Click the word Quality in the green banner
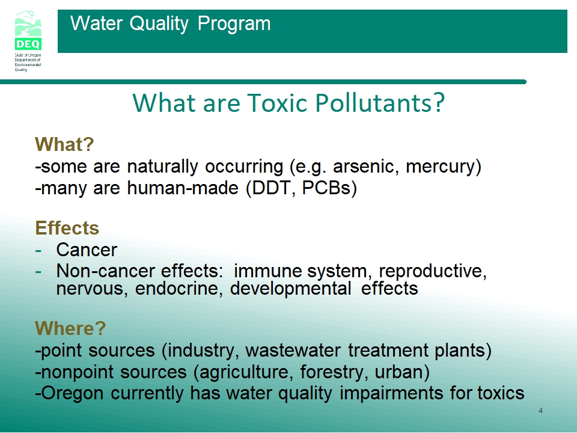(x=159, y=24)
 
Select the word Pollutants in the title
(x=380, y=102)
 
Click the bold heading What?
(x=64, y=144)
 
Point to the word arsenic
(x=366, y=167)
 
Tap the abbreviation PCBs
(x=326, y=188)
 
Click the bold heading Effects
(x=67, y=228)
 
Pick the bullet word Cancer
(x=87, y=250)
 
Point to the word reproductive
(x=432, y=272)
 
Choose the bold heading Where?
(x=70, y=328)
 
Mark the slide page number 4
(x=540, y=411)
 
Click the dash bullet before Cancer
(x=38, y=251)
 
